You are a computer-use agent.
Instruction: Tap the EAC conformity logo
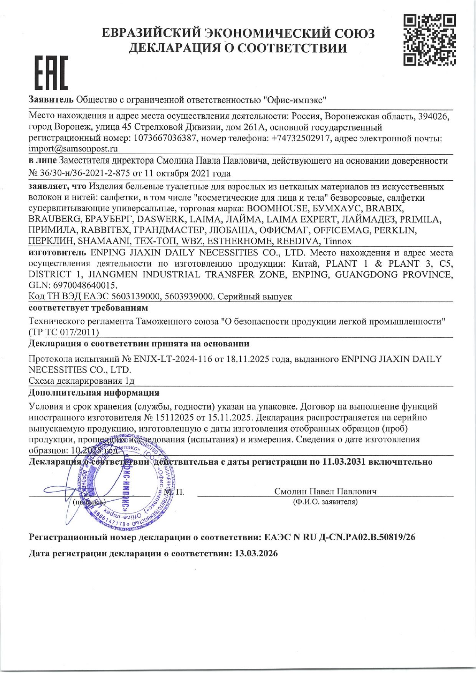click(x=51, y=73)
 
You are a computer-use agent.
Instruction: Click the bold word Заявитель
click(x=51, y=100)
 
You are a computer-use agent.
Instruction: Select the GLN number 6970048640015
click(x=83, y=286)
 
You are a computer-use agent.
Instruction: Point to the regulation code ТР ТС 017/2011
click(x=64, y=332)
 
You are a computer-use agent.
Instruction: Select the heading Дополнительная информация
click(x=94, y=393)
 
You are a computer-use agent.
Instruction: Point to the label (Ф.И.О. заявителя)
click(x=325, y=501)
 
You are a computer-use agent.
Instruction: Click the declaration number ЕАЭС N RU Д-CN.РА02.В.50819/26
click(x=340, y=537)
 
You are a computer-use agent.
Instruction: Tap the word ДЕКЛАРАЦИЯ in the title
click(x=180, y=48)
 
